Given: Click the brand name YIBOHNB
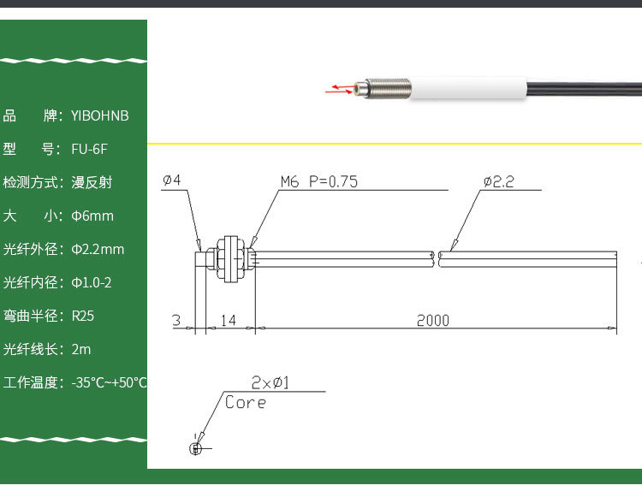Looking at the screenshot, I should [100, 115].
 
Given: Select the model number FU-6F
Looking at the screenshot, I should [89, 149].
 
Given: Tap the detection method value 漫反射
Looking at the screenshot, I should [92, 182].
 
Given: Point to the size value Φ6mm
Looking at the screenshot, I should [92, 216].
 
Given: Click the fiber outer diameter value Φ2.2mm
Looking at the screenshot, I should [98, 249].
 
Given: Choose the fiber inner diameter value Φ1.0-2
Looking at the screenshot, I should [92, 282].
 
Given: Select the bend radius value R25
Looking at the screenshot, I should [83, 316].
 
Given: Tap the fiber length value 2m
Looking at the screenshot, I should [81, 349].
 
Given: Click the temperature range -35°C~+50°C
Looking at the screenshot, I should [110, 382].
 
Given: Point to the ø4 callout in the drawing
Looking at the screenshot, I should [171, 180].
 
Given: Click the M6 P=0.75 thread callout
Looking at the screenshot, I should [318, 181].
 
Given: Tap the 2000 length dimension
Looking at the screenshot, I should [432, 321].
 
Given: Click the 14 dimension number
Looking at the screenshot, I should [228, 321].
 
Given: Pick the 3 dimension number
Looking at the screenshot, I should [176, 321].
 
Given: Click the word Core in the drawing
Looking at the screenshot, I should [246, 402].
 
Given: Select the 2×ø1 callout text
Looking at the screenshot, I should [270, 382].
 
